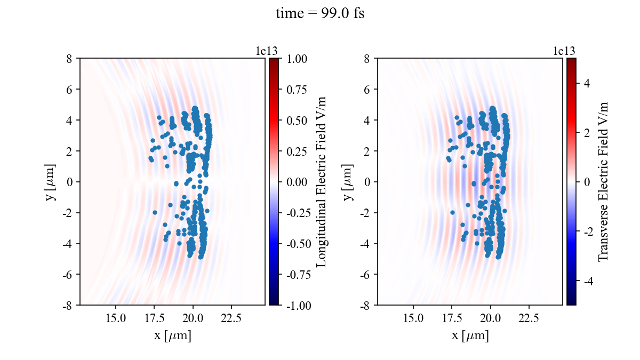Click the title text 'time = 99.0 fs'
[320, 14]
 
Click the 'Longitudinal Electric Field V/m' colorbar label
[322, 182]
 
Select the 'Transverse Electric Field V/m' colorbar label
[603, 182]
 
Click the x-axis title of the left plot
[172, 336]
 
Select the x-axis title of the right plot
[470, 336]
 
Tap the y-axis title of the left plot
[51, 182]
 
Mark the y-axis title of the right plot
[349, 182]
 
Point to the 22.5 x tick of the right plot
[529, 318]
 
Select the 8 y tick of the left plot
[69, 59]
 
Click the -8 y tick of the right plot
[365, 305]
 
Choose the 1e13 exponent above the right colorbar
[564, 51]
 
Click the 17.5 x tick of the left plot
[154, 318]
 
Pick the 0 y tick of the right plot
[367, 182]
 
